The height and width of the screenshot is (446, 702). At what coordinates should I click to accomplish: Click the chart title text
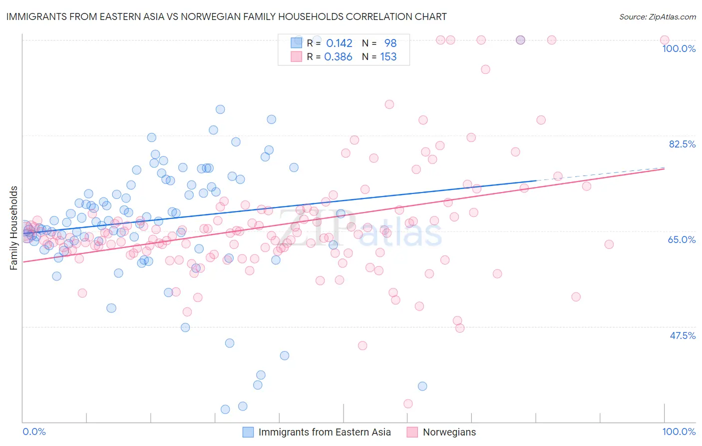point(226,16)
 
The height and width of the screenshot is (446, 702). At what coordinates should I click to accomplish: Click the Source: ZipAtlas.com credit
point(657,16)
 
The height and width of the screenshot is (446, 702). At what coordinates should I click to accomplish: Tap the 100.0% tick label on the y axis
point(679,48)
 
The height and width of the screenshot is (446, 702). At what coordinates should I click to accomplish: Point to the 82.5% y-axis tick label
point(682,144)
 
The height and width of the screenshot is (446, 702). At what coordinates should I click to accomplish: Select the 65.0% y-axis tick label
point(682,239)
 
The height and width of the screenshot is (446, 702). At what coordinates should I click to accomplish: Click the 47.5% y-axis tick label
point(683,335)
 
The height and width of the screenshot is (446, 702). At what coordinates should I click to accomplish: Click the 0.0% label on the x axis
point(34,431)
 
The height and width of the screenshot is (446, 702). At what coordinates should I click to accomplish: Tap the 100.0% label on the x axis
point(679,431)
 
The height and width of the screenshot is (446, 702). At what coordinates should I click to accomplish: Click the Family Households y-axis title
point(14,228)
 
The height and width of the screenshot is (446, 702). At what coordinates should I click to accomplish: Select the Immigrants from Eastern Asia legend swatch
point(248,432)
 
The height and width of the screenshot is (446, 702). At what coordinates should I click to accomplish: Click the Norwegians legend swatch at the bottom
point(412,432)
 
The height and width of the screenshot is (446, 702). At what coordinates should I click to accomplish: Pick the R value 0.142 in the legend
point(339,43)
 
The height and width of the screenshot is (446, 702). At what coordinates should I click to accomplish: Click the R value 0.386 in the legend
point(338,57)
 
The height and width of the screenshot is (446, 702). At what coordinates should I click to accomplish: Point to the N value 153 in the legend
point(388,57)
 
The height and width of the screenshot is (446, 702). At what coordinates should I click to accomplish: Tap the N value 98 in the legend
point(390,43)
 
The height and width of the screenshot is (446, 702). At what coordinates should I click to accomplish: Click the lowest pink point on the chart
point(408,403)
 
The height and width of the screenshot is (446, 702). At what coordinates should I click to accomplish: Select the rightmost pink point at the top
point(665,40)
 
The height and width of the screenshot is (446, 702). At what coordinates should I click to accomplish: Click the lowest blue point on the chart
point(225,409)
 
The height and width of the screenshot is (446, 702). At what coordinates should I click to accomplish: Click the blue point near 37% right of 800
point(422,386)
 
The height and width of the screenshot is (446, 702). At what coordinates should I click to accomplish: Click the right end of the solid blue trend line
point(536,180)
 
